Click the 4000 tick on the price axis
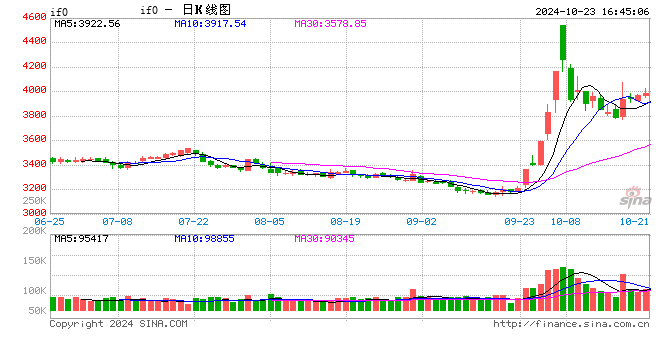click(x=33, y=91)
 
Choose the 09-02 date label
click(x=421, y=222)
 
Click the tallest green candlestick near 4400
click(x=564, y=45)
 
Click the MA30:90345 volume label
click(x=329, y=238)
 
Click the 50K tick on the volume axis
click(x=33, y=312)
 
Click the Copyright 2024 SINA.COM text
click(x=118, y=324)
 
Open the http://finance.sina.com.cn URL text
click(x=571, y=324)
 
